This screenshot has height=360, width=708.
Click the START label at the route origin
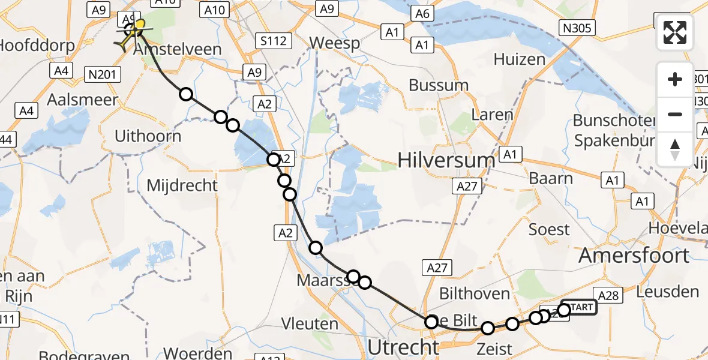click(x=580, y=308)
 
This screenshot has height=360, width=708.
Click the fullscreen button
click(x=675, y=32)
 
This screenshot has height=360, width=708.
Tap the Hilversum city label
click(x=447, y=160)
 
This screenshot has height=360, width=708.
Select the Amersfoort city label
click(x=634, y=256)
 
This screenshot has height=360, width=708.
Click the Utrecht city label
click(x=403, y=347)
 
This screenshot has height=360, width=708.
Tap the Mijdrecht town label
click(x=182, y=185)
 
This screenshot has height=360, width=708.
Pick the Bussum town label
click(x=439, y=85)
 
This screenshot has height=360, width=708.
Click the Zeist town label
click(x=494, y=348)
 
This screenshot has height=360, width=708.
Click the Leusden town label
click(x=669, y=292)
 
